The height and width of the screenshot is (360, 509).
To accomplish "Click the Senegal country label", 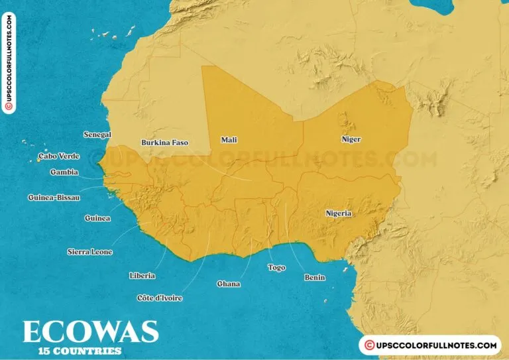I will click(97, 135).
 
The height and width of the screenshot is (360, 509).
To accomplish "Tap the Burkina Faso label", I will click(165, 143).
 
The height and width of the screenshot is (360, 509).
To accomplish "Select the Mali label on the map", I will click(229, 140).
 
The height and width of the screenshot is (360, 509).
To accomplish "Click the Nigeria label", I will click(338, 213).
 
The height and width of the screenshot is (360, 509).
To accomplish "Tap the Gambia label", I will click(64, 172).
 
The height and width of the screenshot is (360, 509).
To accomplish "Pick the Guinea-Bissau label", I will click(53, 198).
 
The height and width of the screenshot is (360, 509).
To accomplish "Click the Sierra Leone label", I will click(90, 252).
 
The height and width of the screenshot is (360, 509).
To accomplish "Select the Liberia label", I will click(142, 275).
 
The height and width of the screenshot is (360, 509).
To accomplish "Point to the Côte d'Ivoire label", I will click(159, 298).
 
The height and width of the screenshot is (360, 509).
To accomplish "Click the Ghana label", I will click(229, 284).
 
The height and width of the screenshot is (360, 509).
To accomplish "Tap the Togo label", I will click(276, 268).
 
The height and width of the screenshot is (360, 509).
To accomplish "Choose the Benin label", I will click(314, 278).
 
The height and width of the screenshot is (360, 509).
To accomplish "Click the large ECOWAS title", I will click(90, 331).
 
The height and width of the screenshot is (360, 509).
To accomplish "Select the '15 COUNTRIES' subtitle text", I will click(80, 351).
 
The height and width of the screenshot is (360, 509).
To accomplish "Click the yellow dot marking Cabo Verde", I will click(39, 159).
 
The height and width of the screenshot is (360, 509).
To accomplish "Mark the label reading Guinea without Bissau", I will click(97, 218).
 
